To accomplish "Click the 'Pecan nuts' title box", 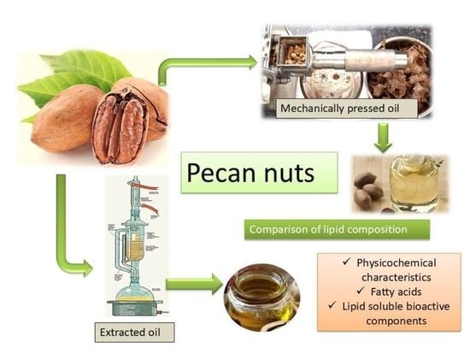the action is [x=259, y=173].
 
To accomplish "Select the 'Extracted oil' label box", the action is [x=134, y=333].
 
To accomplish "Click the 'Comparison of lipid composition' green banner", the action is [x=337, y=229].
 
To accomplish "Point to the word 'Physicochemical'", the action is [x=397, y=263].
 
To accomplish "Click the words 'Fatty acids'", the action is [x=396, y=292].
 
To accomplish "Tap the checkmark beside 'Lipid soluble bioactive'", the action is [x=332, y=305].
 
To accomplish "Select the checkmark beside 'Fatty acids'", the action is [x=361, y=291].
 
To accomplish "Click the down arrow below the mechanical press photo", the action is [x=383, y=138].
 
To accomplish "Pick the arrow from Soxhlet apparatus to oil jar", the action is [x=194, y=284].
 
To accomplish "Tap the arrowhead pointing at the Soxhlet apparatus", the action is [x=87, y=268].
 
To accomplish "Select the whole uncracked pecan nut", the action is [x=66, y=118].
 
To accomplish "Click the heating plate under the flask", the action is [x=134, y=308].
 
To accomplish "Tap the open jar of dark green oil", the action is [x=261, y=298].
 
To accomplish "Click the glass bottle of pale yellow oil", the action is [x=414, y=183].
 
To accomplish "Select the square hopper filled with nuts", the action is [x=292, y=51].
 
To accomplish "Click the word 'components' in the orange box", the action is [x=397, y=321].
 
